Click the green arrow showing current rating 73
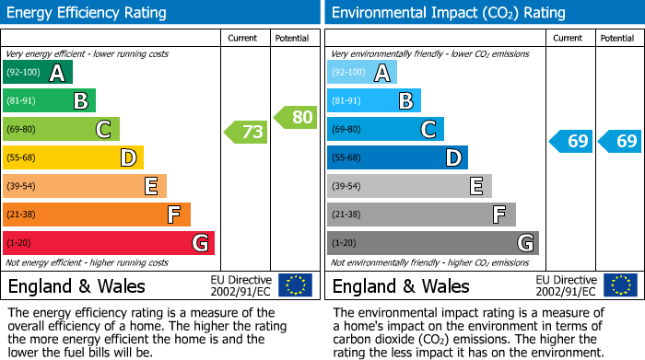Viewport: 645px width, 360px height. coord(246,133)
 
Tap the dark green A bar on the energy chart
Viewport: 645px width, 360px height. coord(38,73)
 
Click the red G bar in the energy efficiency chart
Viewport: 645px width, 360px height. coord(109,243)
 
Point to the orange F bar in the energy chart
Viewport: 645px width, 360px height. coord(97,215)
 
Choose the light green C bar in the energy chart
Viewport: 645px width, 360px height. coord(62,129)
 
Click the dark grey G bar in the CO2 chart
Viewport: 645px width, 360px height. coord(432,243)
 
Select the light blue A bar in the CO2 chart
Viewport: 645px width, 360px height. coord(362,73)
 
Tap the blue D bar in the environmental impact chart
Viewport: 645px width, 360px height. coord(397,157)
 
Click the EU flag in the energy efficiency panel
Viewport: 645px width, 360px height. coord(295,285)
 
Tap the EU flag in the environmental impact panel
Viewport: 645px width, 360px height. coord(619,285)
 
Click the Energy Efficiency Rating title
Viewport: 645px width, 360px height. coord(88,13)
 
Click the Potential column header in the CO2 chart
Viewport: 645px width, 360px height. coord(617,38)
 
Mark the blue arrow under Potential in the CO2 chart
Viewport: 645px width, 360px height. coord(618,141)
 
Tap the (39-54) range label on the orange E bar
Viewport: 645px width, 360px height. coord(20,186)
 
